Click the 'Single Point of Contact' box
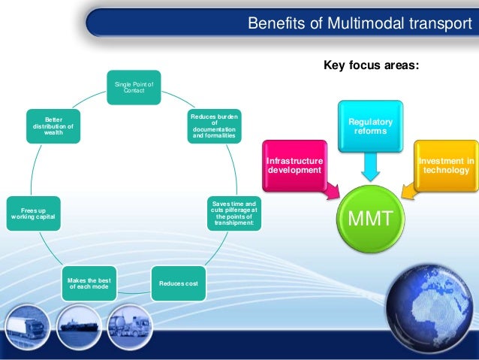[133, 86]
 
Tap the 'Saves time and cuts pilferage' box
[233, 213]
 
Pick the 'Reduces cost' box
[178, 283]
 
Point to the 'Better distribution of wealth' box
[53, 126]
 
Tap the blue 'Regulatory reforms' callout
[369, 126]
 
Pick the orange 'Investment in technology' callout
[446, 166]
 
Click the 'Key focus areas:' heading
[371, 65]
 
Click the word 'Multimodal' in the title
[356, 23]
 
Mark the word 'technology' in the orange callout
[446, 171]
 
